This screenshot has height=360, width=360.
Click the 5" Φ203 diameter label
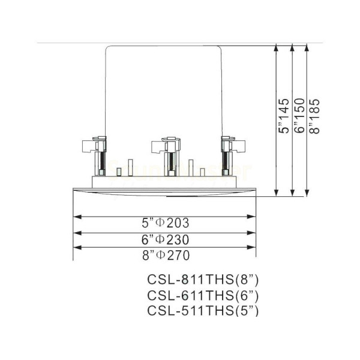click(x=166, y=223)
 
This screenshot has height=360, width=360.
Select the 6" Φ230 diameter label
click(x=166, y=239)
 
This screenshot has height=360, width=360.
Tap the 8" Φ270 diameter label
click(x=166, y=256)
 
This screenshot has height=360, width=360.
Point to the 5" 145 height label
click(x=283, y=116)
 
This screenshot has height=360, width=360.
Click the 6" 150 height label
click(x=299, y=116)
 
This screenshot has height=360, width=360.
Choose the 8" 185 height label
click(x=314, y=116)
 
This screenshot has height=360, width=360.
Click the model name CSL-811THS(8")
click(x=203, y=280)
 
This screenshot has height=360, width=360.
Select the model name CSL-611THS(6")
click(x=203, y=295)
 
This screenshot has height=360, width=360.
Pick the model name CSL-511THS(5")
click(x=203, y=311)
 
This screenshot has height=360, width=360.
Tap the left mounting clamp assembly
click(x=95, y=156)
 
